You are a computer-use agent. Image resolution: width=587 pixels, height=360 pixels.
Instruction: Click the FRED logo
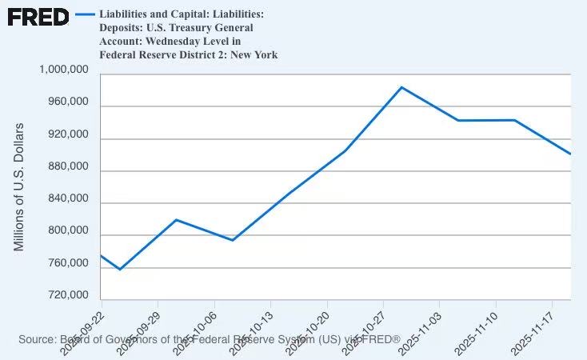coord(38,17)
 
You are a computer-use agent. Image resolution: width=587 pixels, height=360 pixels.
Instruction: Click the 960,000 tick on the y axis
coord(65,102)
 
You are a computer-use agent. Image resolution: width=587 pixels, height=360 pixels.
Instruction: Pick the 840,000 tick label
coord(65,198)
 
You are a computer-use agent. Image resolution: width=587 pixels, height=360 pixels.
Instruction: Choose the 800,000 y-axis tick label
coord(65,230)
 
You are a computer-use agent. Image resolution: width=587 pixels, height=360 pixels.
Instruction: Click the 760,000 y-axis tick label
coord(65,263)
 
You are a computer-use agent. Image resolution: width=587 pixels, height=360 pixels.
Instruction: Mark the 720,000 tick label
coord(65,295)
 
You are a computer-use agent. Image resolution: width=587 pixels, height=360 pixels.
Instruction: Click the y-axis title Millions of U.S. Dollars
coord(20,187)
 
